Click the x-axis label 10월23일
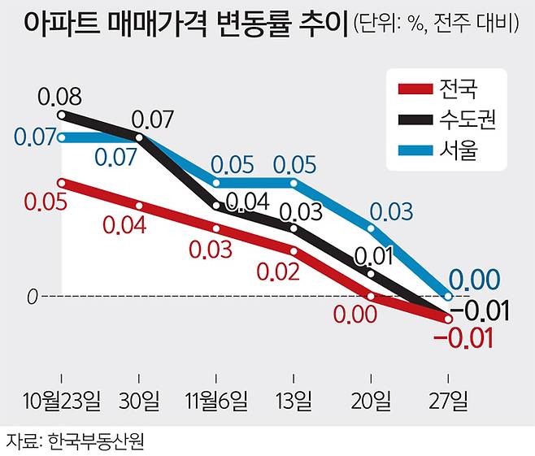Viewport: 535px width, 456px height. [62, 401]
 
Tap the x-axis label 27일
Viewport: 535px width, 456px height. [449, 401]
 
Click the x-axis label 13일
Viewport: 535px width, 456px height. [293, 401]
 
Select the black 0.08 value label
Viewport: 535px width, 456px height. [60, 98]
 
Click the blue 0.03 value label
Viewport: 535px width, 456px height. [390, 213]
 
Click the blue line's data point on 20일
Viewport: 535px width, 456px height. [371, 228]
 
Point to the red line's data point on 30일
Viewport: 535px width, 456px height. [139, 206]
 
